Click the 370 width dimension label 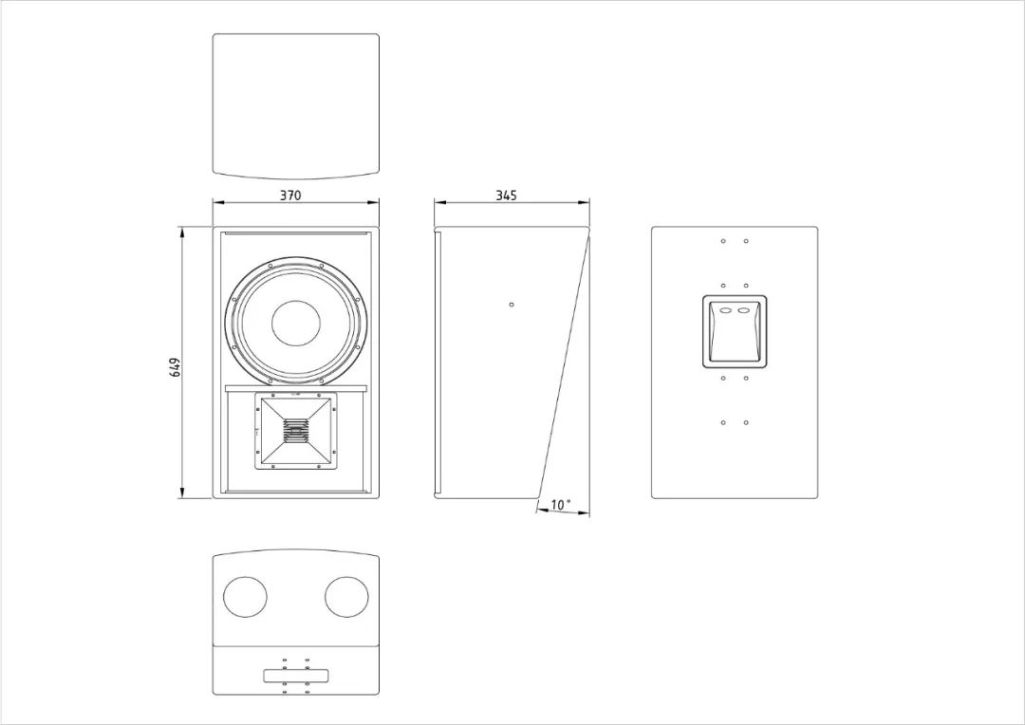click(291, 195)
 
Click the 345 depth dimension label click(506, 195)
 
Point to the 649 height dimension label click(175, 367)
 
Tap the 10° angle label click(561, 505)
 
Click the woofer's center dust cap click(296, 324)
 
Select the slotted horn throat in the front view click(295, 432)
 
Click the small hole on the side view click(512, 304)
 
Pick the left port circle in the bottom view click(245, 597)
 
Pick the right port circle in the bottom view click(347, 597)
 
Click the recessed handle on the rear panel click(735, 331)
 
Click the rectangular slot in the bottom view click(296, 676)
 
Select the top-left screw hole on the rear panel click(723, 241)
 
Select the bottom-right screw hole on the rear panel click(746, 423)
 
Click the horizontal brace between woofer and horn click(296, 388)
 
